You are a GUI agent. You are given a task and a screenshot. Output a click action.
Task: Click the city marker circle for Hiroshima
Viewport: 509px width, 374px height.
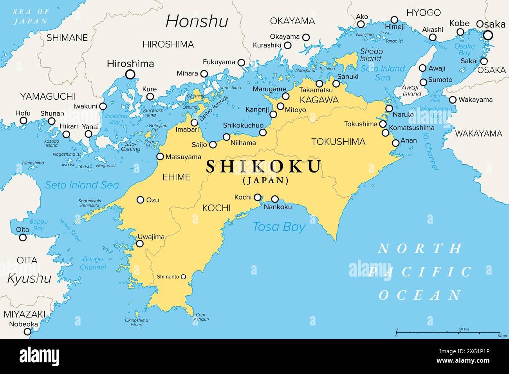130,74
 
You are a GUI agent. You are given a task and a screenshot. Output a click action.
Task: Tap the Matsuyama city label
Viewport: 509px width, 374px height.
183,157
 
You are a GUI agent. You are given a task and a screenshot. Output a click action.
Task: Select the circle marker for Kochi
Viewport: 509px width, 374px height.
258,197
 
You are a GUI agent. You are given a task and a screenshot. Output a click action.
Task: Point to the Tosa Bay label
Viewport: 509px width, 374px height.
279,227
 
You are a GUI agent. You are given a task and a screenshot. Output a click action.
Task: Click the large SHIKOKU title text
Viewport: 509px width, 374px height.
264,167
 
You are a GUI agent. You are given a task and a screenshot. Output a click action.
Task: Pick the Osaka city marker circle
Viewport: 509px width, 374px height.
488,36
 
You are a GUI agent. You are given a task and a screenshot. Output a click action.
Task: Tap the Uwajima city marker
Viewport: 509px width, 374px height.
139,244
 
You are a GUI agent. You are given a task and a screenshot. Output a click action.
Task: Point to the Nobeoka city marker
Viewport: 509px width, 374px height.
27,332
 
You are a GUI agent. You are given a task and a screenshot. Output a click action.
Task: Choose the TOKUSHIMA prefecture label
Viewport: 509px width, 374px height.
338,142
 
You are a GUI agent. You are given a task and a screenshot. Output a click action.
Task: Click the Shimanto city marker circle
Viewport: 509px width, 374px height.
183,277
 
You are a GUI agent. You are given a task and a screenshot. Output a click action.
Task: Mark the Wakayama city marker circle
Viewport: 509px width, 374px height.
453,100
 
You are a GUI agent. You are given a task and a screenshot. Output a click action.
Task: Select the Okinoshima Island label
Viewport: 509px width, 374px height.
136,322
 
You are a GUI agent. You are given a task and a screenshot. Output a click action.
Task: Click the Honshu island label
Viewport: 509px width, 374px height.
197,21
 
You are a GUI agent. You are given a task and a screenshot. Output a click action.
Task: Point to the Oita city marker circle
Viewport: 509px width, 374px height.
23,237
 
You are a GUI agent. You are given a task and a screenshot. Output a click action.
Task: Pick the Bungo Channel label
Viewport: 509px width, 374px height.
93,263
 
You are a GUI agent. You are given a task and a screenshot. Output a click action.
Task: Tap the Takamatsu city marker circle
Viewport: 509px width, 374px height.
319,83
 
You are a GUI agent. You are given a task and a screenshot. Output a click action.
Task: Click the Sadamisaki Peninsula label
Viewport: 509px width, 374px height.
90,203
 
